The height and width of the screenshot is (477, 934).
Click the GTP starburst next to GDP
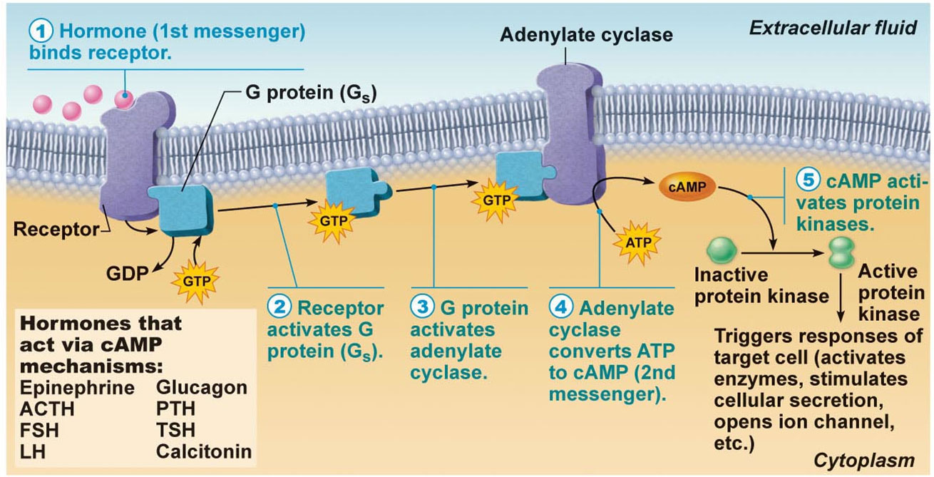coord(194,279)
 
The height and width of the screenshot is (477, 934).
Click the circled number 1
coord(40,32)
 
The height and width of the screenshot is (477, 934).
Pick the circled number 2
coord(279,308)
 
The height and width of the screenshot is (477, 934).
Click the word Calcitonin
coord(203,451)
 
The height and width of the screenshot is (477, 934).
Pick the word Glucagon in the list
coord(201,389)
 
